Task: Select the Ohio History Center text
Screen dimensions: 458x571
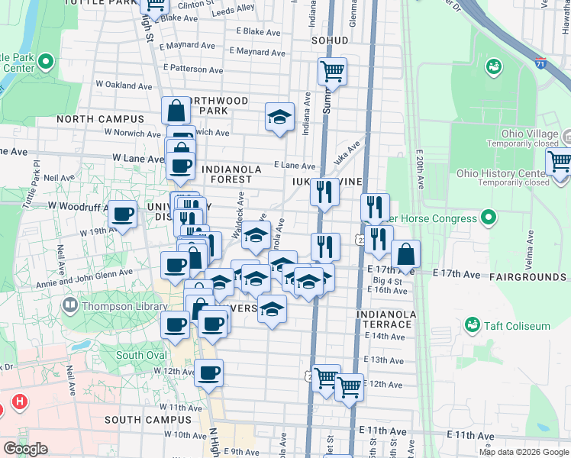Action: click(x=502, y=173)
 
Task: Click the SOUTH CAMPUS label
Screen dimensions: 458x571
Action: click(x=148, y=420)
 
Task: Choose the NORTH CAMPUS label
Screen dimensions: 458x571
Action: click(x=100, y=119)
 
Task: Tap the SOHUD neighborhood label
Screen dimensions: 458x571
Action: click(x=330, y=40)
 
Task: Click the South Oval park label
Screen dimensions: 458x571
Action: click(x=140, y=356)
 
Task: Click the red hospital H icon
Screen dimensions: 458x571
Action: click(x=21, y=401)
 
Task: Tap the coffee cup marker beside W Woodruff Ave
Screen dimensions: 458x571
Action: click(x=122, y=214)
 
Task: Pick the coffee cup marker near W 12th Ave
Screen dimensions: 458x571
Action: click(x=208, y=374)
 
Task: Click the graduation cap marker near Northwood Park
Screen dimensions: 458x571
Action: click(x=279, y=117)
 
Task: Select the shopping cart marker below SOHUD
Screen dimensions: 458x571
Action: click(x=332, y=72)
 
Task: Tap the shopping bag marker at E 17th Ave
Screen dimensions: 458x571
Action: click(x=406, y=254)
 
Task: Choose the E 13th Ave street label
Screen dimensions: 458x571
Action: click(x=383, y=360)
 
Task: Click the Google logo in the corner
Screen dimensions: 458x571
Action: click(x=25, y=449)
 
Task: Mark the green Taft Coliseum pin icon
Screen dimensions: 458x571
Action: click(x=473, y=326)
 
